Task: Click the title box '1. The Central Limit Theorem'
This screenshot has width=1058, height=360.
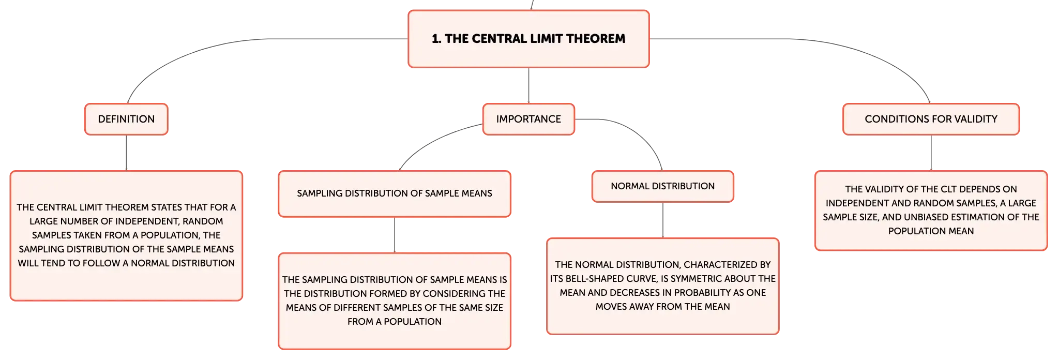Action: pyautogui.click(x=528, y=39)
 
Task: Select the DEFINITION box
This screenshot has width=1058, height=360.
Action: pyautogui.click(x=126, y=119)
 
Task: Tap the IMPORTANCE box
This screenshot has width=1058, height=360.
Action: pyautogui.click(x=528, y=119)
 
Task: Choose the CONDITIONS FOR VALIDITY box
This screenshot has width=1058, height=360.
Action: pyautogui.click(x=931, y=119)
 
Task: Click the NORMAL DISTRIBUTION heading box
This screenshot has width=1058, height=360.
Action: pyautogui.click(x=662, y=186)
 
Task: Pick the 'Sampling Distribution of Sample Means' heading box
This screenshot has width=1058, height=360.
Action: pyautogui.click(x=395, y=193)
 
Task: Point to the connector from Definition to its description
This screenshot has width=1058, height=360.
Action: pyautogui.click(x=126, y=153)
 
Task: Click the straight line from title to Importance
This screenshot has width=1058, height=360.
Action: pyautogui.click(x=528, y=85)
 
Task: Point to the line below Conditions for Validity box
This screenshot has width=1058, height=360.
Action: pyautogui.click(x=931, y=153)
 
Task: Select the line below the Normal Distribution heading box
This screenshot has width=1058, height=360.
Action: pyautogui.click(x=662, y=220)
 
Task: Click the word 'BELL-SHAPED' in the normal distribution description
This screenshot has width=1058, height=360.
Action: pyautogui.click(x=595, y=279)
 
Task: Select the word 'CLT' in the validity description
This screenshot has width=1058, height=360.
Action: pyautogui.click(x=947, y=189)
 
